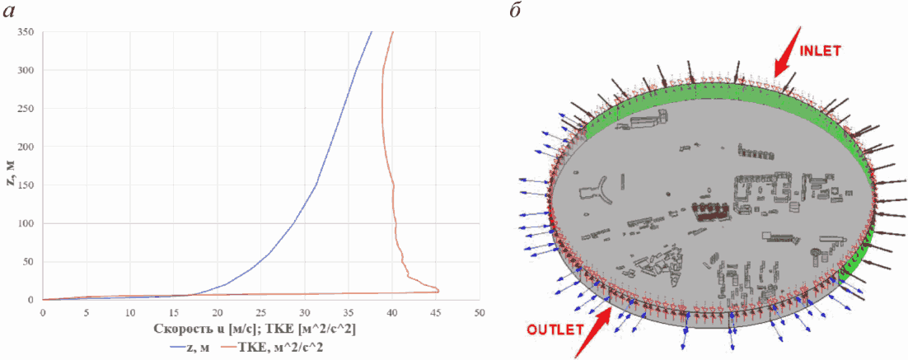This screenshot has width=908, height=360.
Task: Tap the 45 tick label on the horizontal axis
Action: tap(436, 313)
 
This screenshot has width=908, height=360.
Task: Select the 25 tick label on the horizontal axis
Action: tap(261, 313)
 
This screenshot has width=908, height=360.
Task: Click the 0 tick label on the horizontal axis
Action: tap(42, 313)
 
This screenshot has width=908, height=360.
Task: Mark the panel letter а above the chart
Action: tap(12, 12)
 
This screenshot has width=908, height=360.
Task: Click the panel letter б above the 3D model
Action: tap(517, 12)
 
